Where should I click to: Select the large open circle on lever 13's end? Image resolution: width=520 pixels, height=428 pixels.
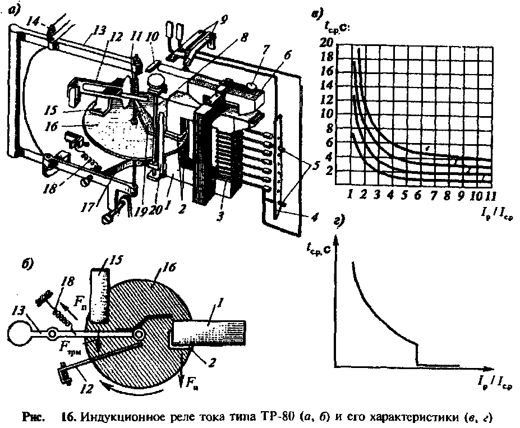point(21,335)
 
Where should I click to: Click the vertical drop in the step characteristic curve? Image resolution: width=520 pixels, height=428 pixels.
point(417,355)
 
